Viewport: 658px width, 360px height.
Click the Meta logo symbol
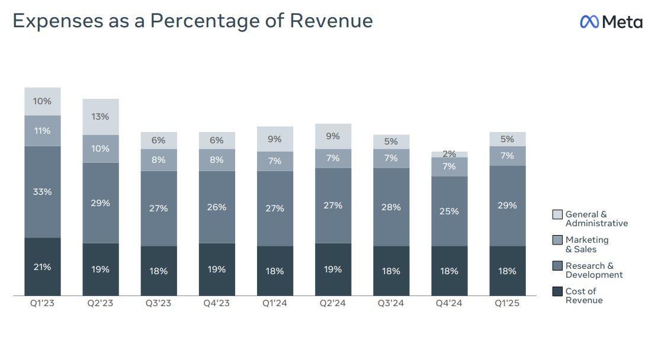pyautogui.click(x=589, y=22)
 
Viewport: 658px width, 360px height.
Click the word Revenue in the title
pyautogui.click(x=331, y=21)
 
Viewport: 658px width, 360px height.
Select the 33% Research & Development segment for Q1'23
pyautogui.click(x=42, y=192)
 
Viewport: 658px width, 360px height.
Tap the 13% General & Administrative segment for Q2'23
pyautogui.click(x=100, y=117)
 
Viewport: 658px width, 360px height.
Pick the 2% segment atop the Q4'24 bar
pyautogui.click(x=449, y=154)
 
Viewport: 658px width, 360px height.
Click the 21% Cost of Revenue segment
pyautogui.click(x=42, y=267)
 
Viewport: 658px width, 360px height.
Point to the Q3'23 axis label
pyautogui.click(x=158, y=304)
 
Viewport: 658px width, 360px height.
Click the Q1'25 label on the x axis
pyautogui.click(x=508, y=304)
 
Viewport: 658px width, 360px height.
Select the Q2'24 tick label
pyautogui.click(x=333, y=304)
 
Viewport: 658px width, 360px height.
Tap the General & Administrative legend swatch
pyautogui.click(x=557, y=214)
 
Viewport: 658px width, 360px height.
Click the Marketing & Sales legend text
pyautogui.click(x=586, y=244)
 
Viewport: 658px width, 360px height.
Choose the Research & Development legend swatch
pyautogui.click(x=557, y=266)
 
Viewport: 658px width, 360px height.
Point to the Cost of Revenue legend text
pyautogui.click(x=584, y=295)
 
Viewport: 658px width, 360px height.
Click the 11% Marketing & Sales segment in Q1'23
pyautogui.click(x=42, y=131)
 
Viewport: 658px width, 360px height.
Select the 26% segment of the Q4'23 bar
pyautogui.click(x=217, y=207)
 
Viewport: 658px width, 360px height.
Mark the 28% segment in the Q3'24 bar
pyautogui.click(x=391, y=207)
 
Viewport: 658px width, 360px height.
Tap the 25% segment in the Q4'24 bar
pyautogui.click(x=449, y=211)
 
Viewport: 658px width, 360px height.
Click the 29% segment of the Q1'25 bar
pyautogui.click(x=508, y=205)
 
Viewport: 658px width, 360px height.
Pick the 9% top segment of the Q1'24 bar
pyautogui.click(x=275, y=139)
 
